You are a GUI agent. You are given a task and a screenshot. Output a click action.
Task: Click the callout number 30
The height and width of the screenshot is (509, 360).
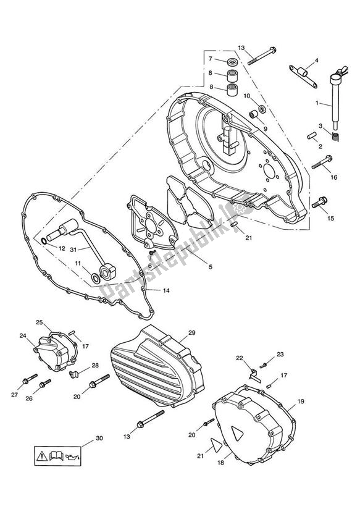pos(99,439)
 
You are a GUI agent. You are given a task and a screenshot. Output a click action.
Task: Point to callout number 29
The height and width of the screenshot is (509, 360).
pos(191,333)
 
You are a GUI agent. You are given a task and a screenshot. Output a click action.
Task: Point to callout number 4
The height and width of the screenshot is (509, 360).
pos(316,60)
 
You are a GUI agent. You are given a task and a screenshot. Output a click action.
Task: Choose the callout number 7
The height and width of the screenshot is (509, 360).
pos(211,59)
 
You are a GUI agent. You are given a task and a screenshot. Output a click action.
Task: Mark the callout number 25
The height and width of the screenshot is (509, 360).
pos(40,322)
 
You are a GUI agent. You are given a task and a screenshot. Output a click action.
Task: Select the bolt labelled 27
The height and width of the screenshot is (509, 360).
pos(27,378)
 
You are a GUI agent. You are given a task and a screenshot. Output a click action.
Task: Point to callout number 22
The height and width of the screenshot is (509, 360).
pos(257,358)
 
